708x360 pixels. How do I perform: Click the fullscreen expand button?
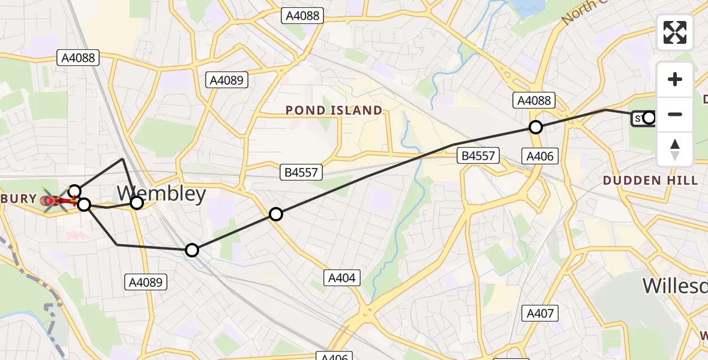tap(675, 32)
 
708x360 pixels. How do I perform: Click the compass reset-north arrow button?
tap(675, 149)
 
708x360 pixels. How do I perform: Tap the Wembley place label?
tap(161, 194)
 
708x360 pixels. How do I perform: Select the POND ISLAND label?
tap(334, 110)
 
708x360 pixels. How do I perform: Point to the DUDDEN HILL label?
tap(650, 180)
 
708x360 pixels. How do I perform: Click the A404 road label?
tap(342, 278)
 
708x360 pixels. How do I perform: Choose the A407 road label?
tap(541, 313)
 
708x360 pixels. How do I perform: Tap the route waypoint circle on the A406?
tap(536, 127)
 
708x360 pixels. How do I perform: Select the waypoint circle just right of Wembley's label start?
tap(137, 203)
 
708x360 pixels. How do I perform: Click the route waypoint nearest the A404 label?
tap(276, 214)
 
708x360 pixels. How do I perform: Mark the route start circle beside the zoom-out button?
tap(649, 118)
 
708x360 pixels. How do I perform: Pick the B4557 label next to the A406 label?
tap(478, 157)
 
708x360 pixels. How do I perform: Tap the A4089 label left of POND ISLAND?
tap(227, 80)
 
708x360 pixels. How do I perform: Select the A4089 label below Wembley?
tap(146, 282)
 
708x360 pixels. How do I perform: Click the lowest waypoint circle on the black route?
tap(191, 250)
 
